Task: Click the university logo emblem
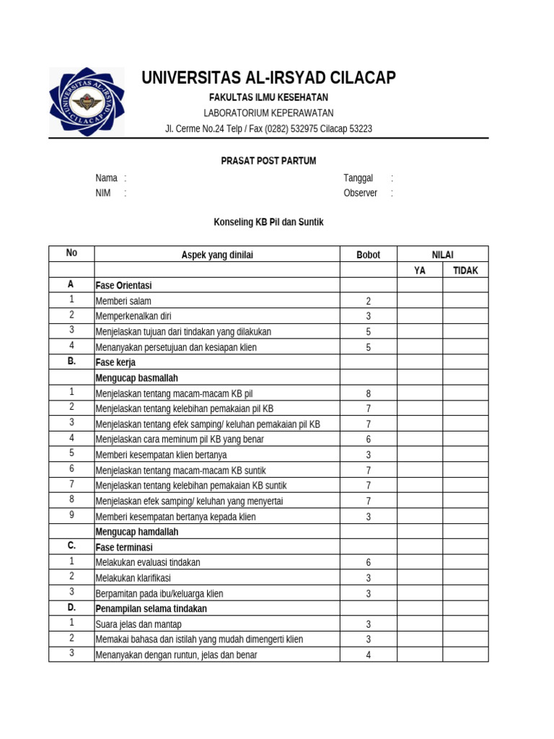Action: tap(87, 102)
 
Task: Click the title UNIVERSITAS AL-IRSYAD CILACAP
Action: tap(268, 78)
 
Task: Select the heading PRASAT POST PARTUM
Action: tap(268, 161)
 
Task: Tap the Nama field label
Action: tap(107, 178)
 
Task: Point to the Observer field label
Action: tap(361, 193)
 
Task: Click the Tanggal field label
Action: tap(359, 178)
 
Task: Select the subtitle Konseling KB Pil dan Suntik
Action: tap(268, 222)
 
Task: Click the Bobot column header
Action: tap(368, 255)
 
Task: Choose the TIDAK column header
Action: tap(465, 271)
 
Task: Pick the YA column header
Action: tap(419, 271)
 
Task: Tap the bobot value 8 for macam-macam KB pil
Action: tap(368, 393)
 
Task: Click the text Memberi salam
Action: tap(123, 301)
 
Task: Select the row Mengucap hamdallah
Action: tap(137, 532)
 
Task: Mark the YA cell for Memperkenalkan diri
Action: tap(419, 316)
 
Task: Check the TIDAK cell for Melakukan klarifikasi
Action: tap(465, 578)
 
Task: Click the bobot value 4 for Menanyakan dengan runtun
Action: tap(368, 655)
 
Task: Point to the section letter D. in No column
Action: tap(71, 608)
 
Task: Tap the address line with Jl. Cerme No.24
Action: tap(268, 129)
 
